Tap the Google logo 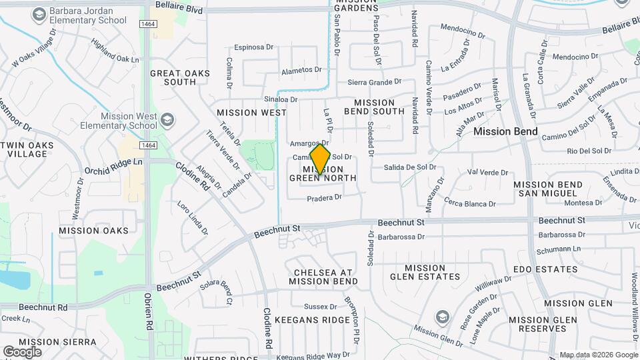[x=22, y=351]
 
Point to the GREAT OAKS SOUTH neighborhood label [x=180, y=77]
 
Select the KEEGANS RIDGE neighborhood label [x=312, y=320]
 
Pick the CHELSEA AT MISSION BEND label [x=323, y=277]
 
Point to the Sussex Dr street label [x=321, y=307]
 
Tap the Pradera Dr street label [x=325, y=197]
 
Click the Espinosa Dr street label [x=254, y=47]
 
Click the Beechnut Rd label [x=43, y=307]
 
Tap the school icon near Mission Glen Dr [x=441, y=315]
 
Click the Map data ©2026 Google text [x=598, y=355]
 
